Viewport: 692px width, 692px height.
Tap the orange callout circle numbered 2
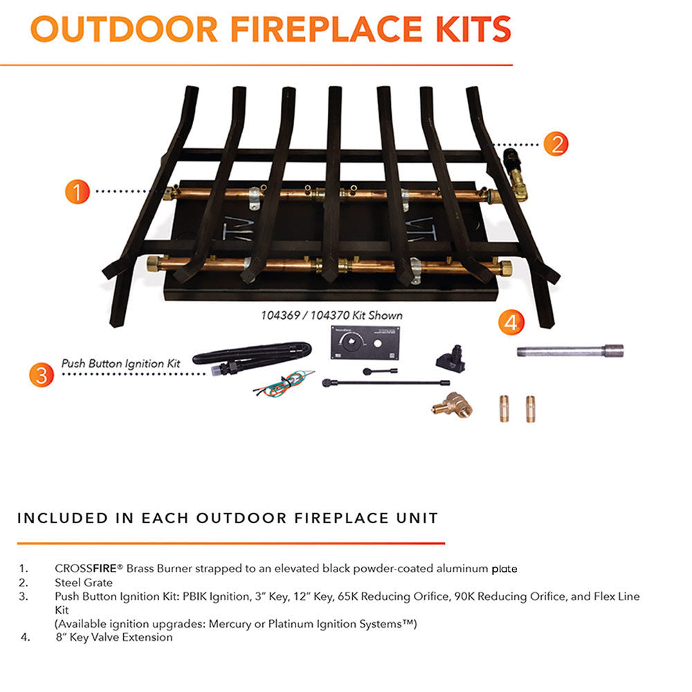556,143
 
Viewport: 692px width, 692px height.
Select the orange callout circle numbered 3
42,374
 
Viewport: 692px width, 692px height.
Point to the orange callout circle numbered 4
511,322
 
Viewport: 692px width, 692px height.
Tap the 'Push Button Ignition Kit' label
120,362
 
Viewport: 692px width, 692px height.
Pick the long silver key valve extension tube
570,351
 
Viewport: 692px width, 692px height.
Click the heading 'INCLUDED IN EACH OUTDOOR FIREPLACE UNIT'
228,518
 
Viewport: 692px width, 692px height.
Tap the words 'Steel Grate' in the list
84,583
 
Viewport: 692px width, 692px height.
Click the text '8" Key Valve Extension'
113,637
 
